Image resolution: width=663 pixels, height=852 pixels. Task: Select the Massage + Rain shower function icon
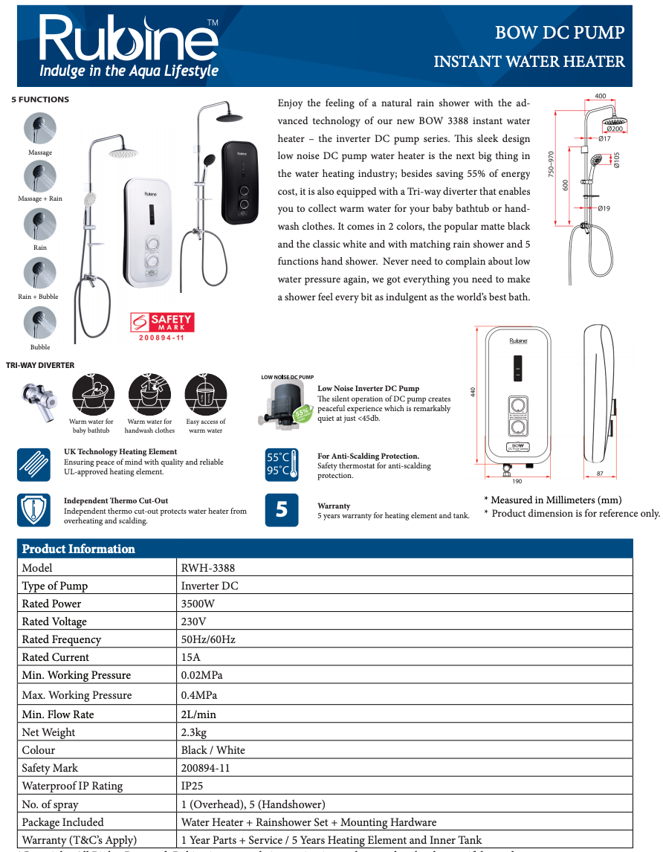[x=40, y=177]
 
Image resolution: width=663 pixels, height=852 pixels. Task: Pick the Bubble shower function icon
[x=40, y=323]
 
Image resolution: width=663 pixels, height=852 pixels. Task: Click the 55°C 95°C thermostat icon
[x=282, y=465]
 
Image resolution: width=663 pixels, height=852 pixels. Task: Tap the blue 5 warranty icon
[x=282, y=510]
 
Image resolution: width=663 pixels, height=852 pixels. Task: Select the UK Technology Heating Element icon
[x=34, y=465]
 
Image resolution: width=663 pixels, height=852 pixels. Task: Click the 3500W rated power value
[x=198, y=604]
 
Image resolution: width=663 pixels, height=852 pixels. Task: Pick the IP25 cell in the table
[x=192, y=786]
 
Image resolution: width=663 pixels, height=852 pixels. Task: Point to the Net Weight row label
[x=48, y=732]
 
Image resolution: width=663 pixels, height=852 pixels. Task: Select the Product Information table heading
[x=79, y=549]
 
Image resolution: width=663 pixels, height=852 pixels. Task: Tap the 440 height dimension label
[x=472, y=393]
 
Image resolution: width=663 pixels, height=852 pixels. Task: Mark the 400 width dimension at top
[x=601, y=96]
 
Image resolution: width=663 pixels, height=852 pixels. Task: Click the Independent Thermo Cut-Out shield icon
[x=34, y=510]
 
